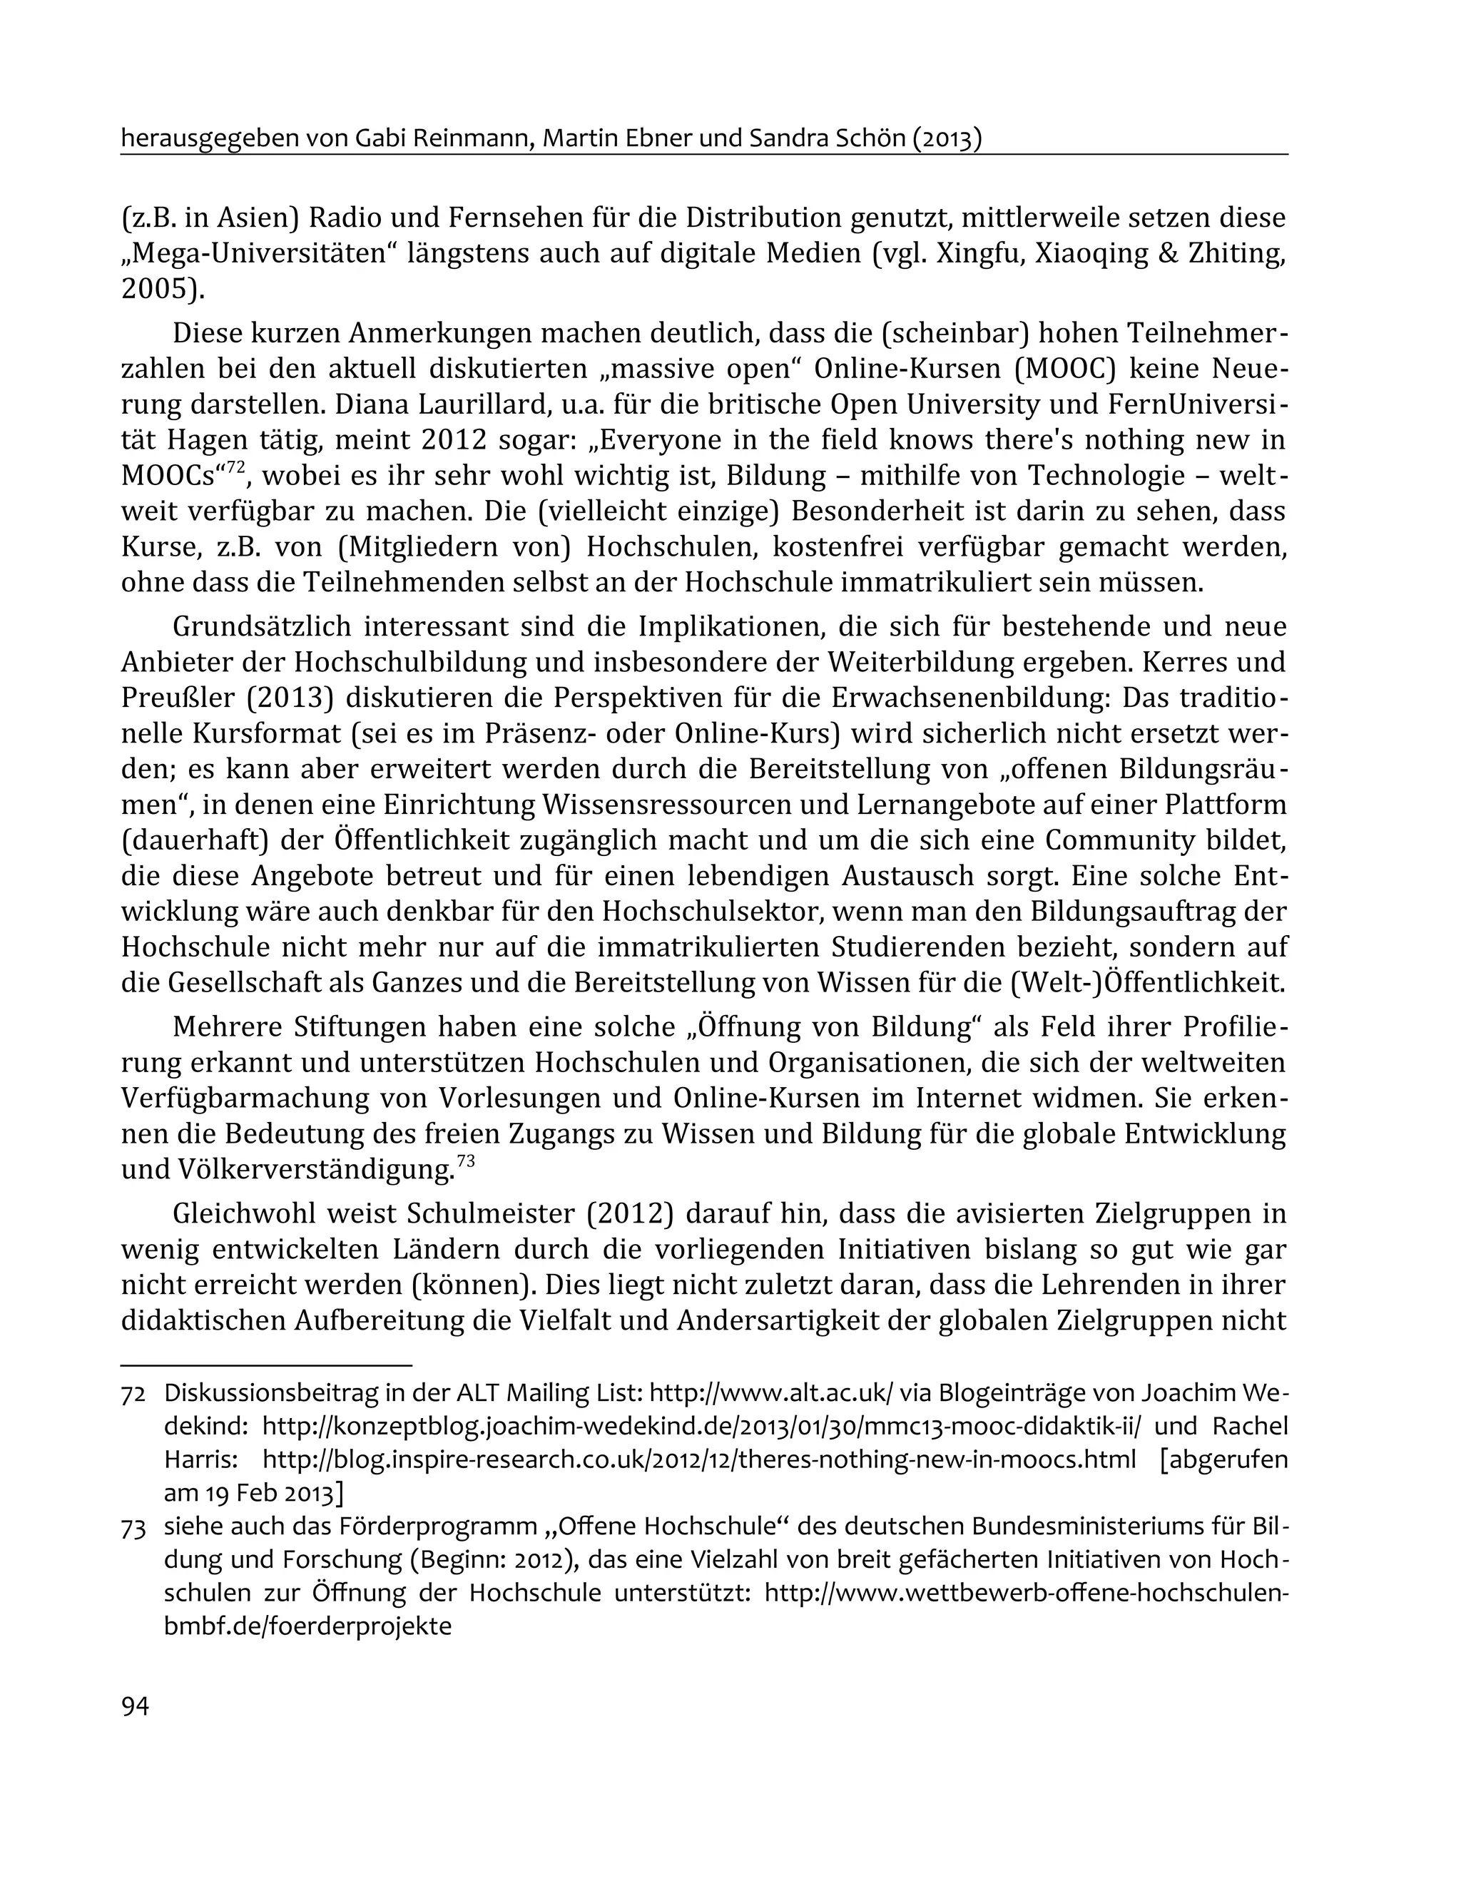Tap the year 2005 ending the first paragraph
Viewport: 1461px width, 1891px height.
pos(157,289)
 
